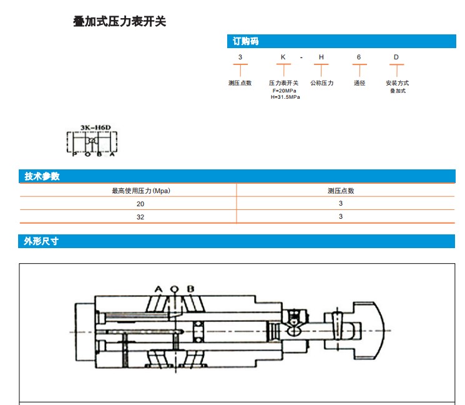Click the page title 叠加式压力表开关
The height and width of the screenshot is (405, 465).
coord(120,22)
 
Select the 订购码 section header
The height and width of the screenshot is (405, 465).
coord(245,41)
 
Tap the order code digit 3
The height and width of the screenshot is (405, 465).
coord(240,57)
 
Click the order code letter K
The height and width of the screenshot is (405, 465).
coord(283,57)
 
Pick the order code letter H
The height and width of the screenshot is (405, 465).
coord(321,57)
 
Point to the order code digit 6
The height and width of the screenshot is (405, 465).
coord(359,57)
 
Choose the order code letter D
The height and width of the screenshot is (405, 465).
coord(396,57)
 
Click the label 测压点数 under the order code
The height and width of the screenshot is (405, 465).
coord(240,83)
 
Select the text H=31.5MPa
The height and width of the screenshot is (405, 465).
coord(285,97)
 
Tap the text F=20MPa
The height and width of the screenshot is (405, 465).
coord(285,91)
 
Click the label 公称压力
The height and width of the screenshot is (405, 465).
coord(322,83)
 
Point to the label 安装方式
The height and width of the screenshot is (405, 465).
coord(397,83)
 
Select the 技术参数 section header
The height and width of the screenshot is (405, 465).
coord(42,176)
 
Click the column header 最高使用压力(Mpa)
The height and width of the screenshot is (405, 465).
coord(140,191)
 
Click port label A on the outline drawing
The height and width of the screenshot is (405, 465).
coord(159,289)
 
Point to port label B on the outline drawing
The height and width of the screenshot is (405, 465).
coord(190,289)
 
